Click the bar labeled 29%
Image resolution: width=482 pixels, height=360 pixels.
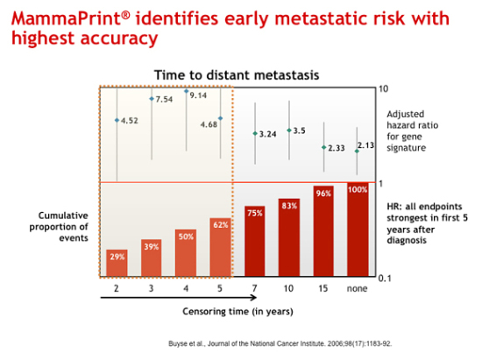pos(117,263)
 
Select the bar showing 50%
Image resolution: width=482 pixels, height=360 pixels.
pos(186,253)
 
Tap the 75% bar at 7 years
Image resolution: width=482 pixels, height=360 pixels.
pos(254,241)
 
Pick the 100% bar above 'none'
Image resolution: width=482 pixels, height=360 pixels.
pos(358,229)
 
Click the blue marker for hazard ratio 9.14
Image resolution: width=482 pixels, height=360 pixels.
pos(187,91)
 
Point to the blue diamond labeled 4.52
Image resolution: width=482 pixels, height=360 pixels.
pos(117,120)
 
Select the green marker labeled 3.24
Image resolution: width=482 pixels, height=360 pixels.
pos(255,134)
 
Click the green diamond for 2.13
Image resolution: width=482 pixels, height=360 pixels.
pos(357,152)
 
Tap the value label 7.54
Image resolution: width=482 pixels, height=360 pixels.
pos(164,99)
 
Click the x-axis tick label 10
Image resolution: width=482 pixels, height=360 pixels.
pos(288,288)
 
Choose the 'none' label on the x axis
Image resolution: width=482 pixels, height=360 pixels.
pos(358,289)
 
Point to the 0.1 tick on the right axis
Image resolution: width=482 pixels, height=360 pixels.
pos(385,279)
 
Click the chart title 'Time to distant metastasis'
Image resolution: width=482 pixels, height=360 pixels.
pos(237,75)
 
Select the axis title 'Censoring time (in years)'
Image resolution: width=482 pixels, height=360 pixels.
pos(237,312)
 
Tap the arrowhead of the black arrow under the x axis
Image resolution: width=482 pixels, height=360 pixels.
pos(254,297)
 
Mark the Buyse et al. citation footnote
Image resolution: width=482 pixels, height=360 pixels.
pos(280,343)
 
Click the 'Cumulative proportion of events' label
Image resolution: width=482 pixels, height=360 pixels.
pos(59,227)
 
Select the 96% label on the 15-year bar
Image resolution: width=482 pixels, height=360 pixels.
pos(323,194)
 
